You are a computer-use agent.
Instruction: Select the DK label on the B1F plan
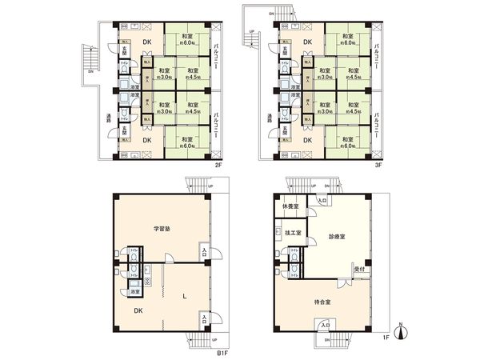(x=138, y=310)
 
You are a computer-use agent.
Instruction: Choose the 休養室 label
(x=290, y=207)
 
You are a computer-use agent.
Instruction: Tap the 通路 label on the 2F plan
(x=107, y=118)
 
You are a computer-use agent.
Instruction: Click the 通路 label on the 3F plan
(x=262, y=118)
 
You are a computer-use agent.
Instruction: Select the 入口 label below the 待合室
(x=325, y=326)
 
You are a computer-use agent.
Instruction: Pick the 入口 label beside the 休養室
(x=322, y=201)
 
